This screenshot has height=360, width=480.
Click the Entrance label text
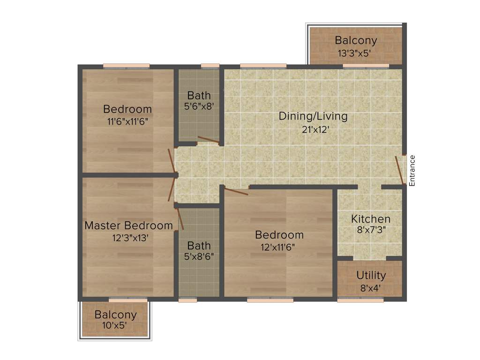tap(412, 171)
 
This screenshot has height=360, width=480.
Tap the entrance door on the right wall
tap(400, 169)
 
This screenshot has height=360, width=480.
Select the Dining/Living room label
tap(313, 116)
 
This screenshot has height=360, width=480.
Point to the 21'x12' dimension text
tap(313, 130)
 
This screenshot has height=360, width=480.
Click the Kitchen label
tap(370, 219)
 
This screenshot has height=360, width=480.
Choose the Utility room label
tap(371, 275)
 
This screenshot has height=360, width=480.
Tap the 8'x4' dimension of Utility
tap(371, 288)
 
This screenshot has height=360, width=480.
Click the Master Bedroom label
tap(128, 225)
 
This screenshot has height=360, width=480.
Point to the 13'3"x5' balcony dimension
tap(355, 53)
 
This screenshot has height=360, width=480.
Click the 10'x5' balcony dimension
tap(115, 325)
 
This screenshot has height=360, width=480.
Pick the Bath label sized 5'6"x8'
tap(199, 96)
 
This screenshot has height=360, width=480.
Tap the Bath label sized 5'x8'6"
tap(199, 246)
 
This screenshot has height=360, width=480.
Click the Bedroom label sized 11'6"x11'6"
tap(127, 109)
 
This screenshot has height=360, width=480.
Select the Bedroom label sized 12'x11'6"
tap(279, 235)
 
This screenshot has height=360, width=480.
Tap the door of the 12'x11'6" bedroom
tap(236, 191)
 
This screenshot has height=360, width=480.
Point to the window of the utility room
tap(360, 300)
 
